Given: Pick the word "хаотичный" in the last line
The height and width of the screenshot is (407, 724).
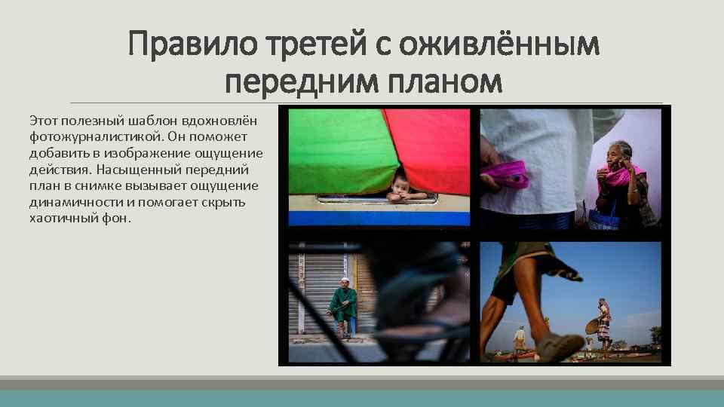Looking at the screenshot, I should pyautogui.click(x=64, y=219).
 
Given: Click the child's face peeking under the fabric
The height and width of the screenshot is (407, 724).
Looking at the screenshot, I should pyautogui.click(x=400, y=185).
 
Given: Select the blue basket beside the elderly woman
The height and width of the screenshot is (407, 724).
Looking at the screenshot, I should pyautogui.click(x=603, y=219).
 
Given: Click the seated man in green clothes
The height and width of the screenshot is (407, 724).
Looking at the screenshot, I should pyautogui.click(x=342, y=304).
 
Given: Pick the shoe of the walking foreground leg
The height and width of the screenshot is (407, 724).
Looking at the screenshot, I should pyautogui.click(x=558, y=348).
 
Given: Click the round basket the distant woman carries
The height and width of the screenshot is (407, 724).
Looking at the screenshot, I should pyautogui.click(x=593, y=327).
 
